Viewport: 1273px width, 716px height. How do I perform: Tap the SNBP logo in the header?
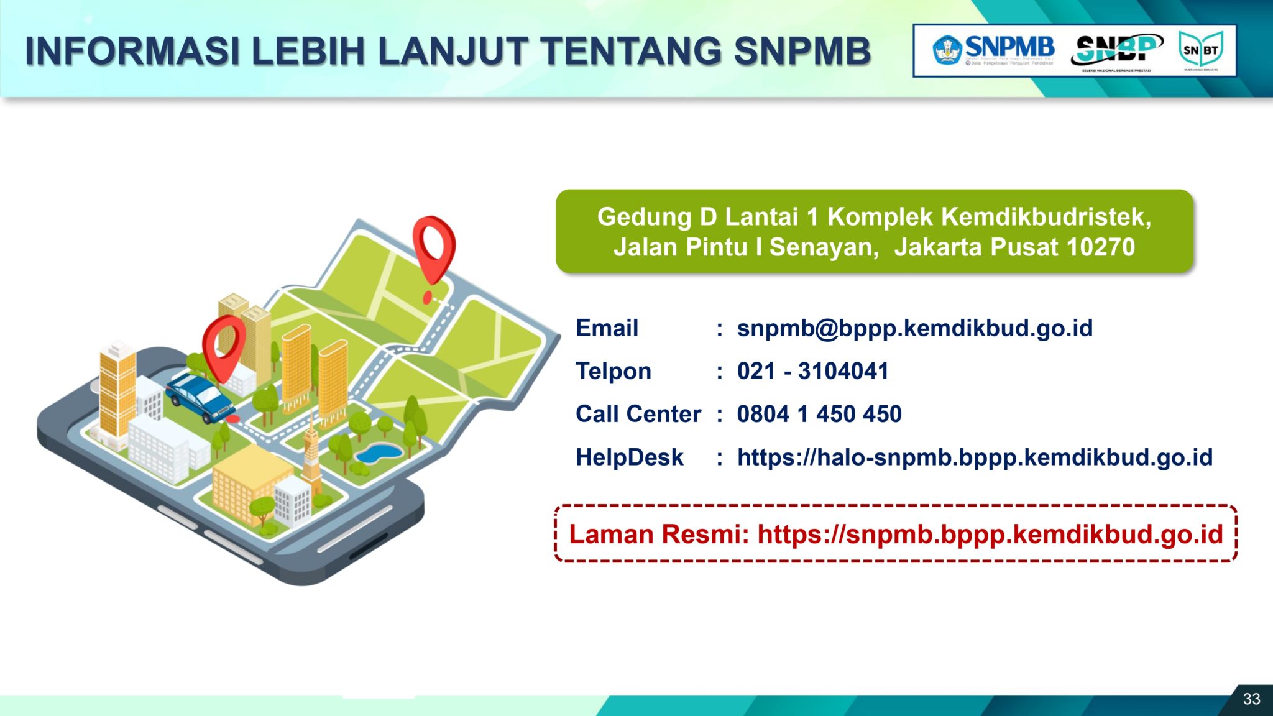pyautogui.click(x=1116, y=50)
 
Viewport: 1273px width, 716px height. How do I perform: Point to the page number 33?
pyautogui.click(x=1251, y=699)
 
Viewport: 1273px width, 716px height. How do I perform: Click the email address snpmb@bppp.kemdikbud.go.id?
pyautogui.click(x=914, y=328)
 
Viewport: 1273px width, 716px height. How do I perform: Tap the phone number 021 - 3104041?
pyautogui.click(x=812, y=371)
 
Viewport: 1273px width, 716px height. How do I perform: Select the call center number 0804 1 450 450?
pyautogui.click(x=819, y=414)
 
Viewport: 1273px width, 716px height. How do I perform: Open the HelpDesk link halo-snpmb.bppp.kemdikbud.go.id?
pyautogui.click(x=975, y=457)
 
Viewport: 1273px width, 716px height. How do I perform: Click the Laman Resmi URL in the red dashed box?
pyautogui.click(x=990, y=535)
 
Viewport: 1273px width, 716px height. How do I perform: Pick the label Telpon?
pyautogui.click(x=613, y=371)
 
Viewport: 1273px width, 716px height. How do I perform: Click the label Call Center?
pyautogui.click(x=638, y=414)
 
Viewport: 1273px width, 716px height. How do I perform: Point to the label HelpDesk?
pyautogui.click(x=629, y=457)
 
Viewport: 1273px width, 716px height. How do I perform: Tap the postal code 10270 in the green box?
pyautogui.click(x=1100, y=247)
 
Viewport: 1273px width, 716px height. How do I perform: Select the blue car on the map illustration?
pyautogui.click(x=198, y=396)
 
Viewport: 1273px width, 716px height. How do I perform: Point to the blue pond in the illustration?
pyautogui.click(x=377, y=452)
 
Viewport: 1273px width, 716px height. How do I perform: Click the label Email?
pyautogui.click(x=607, y=328)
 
